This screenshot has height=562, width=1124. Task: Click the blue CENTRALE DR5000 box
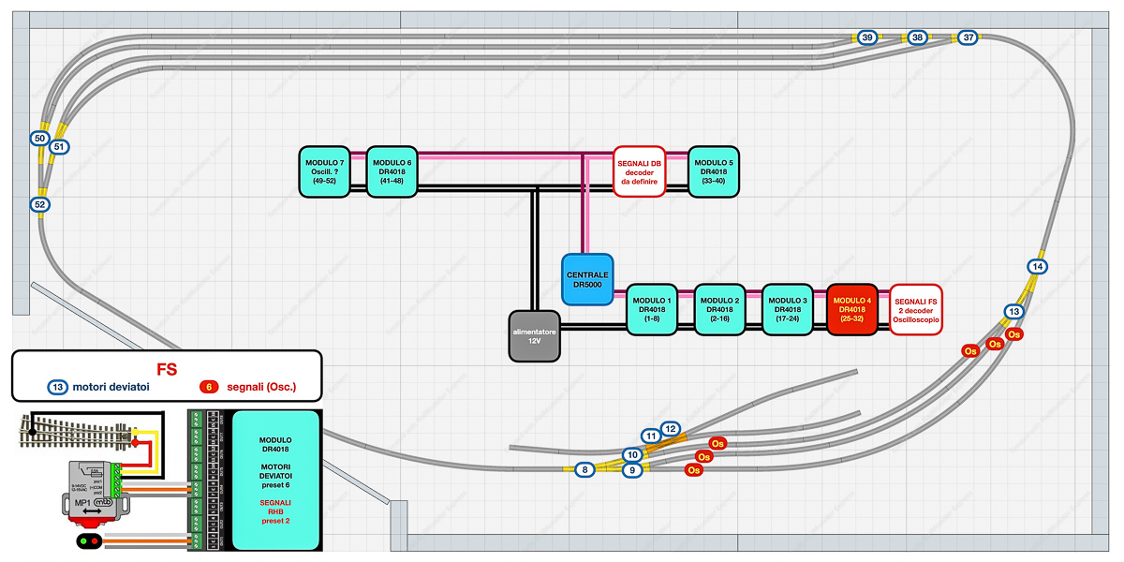[587, 279]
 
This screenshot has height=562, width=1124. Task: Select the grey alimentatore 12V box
[535, 335]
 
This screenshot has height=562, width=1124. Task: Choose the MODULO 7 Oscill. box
[325, 170]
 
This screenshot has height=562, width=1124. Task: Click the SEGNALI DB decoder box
[639, 170]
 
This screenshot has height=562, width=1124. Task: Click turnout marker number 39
[868, 37]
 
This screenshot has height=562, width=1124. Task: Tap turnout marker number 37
[969, 37]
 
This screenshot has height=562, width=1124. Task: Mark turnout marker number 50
[39, 139]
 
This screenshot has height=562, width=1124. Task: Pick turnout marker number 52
[39, 204]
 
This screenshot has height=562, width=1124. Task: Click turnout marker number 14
[1037, 267]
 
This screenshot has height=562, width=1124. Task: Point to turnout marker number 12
[670, 429]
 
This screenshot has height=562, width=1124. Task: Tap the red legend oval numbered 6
[210, 387]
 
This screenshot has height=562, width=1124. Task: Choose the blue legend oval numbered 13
[57, 387]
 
